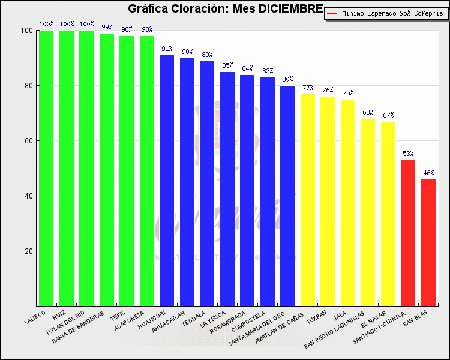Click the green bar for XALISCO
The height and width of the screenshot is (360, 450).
pyautogui.click(x=46, y=168)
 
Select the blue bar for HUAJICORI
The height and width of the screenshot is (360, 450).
pyautogui.click(x=167, y=180)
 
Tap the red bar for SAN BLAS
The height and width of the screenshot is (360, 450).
pyautogui.click(x=428, y=242)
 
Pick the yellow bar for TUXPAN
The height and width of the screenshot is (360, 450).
pyautogui.click(x=328, y=201)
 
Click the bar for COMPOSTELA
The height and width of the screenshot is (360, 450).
pyautogui.click(x=268, y=191)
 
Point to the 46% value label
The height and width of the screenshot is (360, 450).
pyautogui.click(x=428, y=173)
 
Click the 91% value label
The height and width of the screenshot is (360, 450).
pyautogui.click(x=167, y=49)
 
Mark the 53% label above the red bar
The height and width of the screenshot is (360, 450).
pyautogui.click(x=408, y=154)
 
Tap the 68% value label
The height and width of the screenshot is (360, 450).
pyautogui.click(x=368, y=112)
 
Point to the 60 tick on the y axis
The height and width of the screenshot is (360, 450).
pyautogui.click(x=26, y=141)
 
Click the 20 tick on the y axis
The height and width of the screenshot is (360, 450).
pyautogui.click(x=26, y=251)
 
